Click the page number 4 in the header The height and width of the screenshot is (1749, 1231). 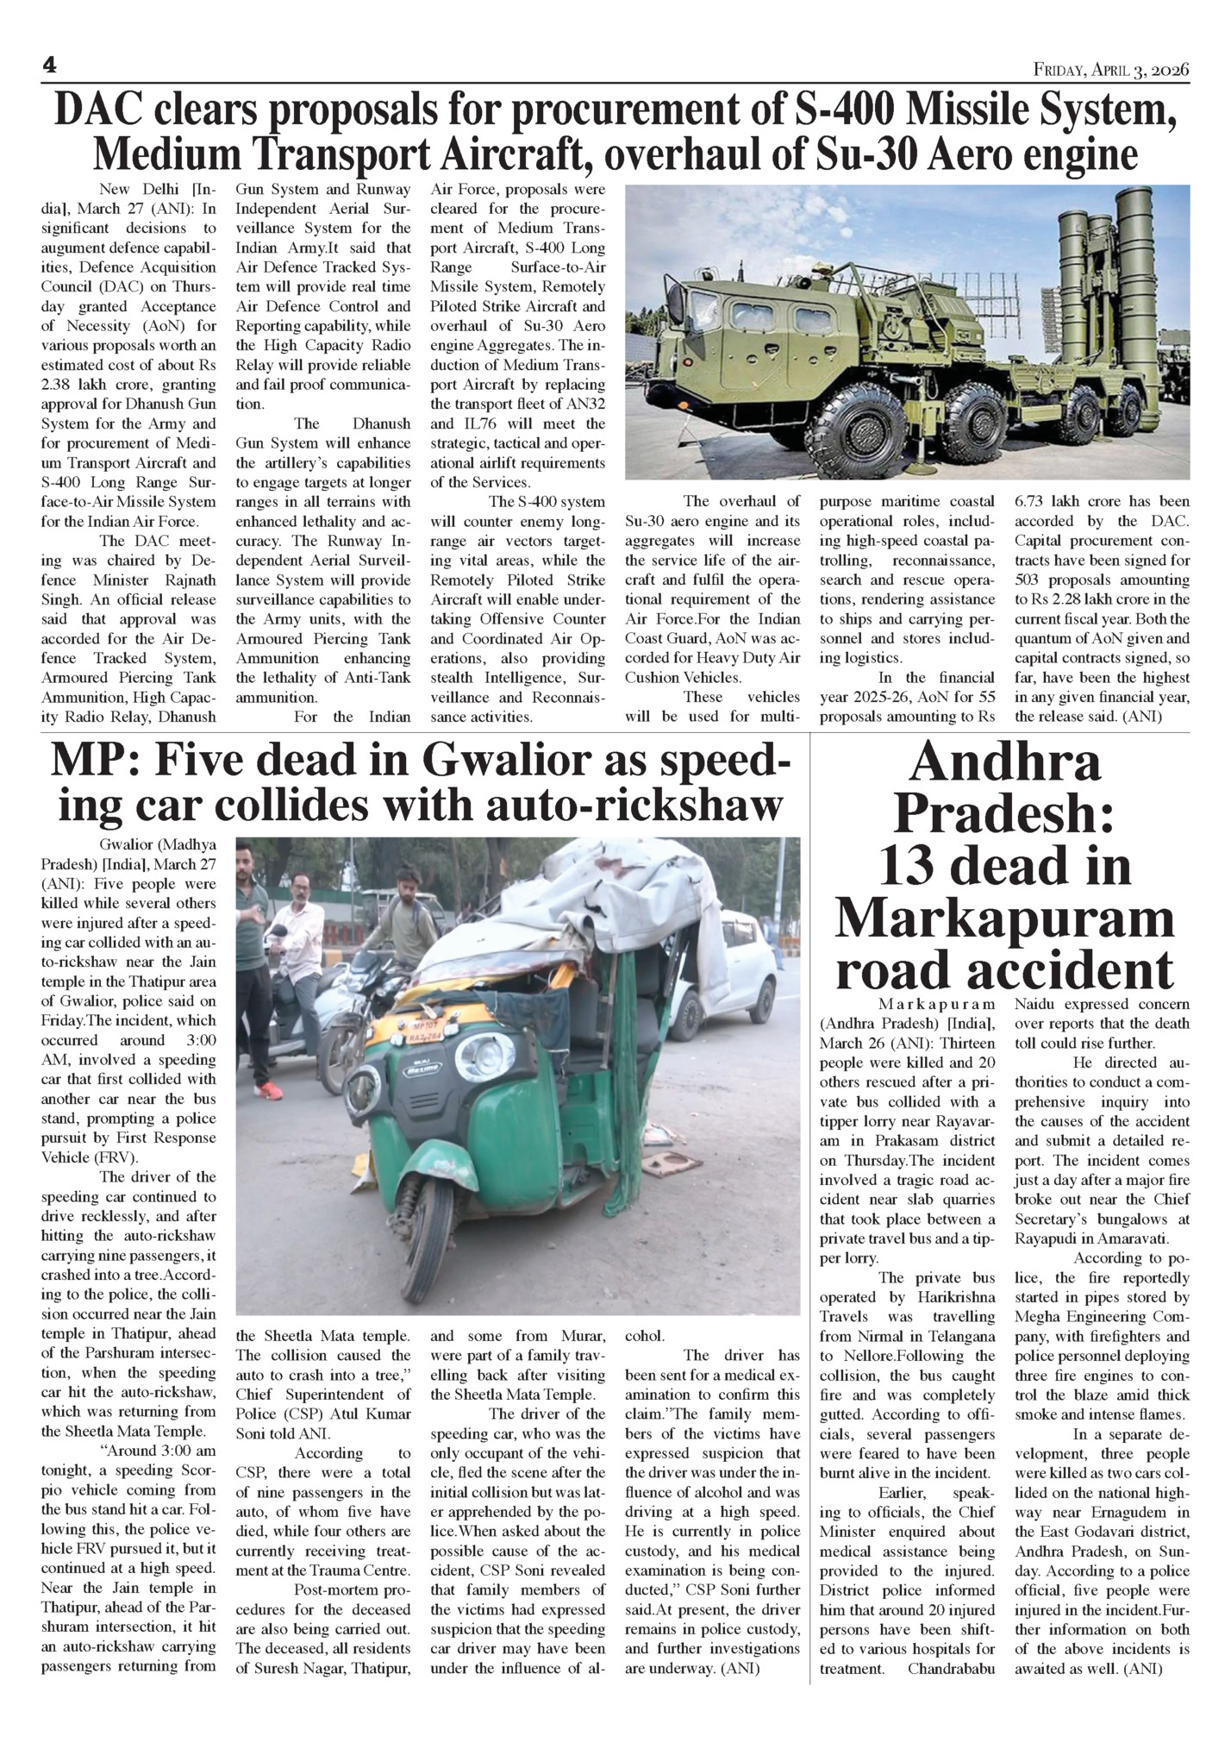point(49,66)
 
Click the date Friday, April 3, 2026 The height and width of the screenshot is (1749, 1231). point(1111,69)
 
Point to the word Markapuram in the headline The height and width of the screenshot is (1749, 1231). point(1004,918)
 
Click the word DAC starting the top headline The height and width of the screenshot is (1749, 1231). point(101,112)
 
